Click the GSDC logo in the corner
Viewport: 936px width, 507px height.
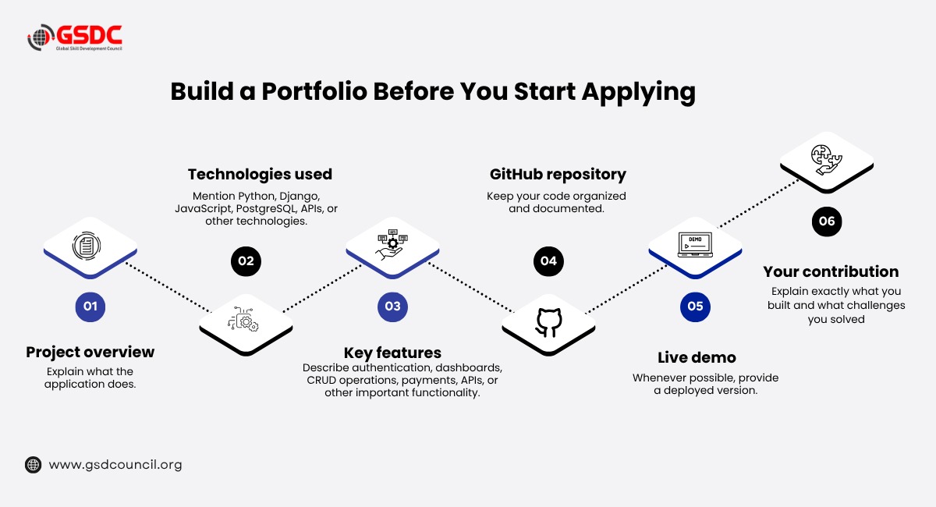click(75, 37)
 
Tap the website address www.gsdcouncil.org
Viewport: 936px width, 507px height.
click(115, 465)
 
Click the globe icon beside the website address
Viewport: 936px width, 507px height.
click(33, 465)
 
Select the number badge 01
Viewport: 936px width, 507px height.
click(90, 307)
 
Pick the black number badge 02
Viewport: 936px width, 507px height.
click(246, 261)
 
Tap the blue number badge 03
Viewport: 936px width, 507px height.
click(392, 307)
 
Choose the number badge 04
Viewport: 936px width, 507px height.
click(548, 261)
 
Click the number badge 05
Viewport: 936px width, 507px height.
click(695, 307)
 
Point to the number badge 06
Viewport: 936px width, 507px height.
click(827, 222)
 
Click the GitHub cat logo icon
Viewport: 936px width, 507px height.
click(548, 323)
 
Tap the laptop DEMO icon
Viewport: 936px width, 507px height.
click(695, 245)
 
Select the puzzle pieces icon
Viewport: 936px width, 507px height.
click(826, 160)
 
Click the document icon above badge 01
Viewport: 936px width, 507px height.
click(87, 246)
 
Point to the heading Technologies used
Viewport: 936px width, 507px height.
click(260, 174)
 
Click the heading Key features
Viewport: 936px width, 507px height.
click(392, 353)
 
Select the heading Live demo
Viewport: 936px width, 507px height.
click(697, 358)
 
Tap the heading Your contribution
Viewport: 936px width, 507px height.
click(831, 271)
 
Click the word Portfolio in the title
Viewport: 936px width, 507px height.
click(314, 91)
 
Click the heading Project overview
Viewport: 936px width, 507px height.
click(90, 353)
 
